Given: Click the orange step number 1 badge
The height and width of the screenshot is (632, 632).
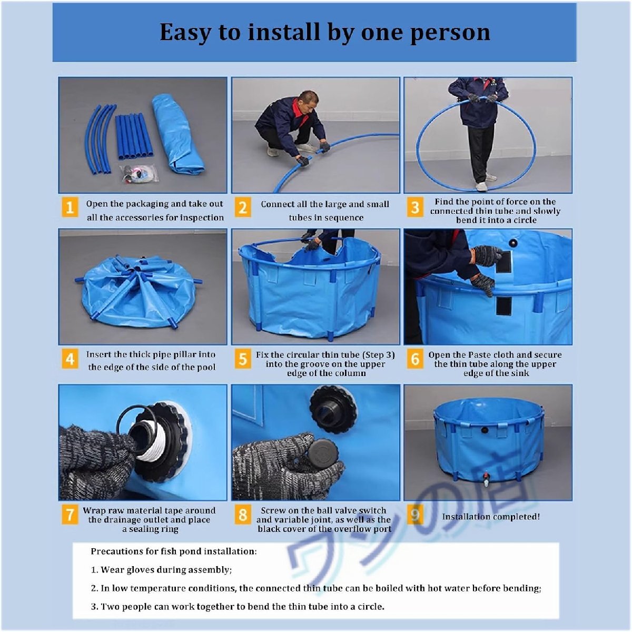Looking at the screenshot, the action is tap(70, 207).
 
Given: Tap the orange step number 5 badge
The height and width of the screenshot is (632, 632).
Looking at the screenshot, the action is tap(243, 359).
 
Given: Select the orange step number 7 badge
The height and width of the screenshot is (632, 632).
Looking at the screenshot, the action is tap(70, 515).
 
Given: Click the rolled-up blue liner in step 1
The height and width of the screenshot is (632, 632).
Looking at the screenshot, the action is tap(177, 133).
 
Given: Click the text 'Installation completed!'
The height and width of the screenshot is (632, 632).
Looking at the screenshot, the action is tap(491, 517).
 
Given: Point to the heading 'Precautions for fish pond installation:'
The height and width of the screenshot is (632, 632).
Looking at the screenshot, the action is tap(174, 551).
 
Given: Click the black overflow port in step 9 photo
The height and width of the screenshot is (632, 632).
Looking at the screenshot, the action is tap(484, 430).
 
